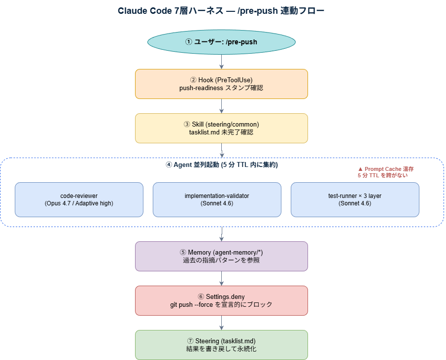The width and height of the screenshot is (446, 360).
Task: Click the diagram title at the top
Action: (221, 11)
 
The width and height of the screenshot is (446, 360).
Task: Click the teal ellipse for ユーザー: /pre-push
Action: (221, 42)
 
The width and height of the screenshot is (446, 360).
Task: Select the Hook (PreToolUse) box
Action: (221, 84)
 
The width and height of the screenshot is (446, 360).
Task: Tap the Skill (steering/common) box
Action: (221, 128)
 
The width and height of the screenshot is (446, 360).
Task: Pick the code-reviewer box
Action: (79, 199)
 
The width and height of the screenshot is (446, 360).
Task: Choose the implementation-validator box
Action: (217, 199)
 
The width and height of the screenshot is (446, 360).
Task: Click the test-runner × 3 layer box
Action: (355, 199)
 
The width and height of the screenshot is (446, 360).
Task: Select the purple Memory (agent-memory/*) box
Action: (221, 256)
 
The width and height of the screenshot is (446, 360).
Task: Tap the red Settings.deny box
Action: (221, 300)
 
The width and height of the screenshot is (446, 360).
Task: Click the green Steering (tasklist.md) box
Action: (221, 345)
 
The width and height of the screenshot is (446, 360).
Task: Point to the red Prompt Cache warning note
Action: (382, 171)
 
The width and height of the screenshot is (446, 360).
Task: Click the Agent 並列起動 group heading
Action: (221, 165)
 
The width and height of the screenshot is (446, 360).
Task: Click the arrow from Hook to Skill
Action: (222, 105)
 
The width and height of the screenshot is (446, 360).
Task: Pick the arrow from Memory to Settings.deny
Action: (222, 278)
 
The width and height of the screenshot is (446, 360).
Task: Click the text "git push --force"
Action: (193, 305)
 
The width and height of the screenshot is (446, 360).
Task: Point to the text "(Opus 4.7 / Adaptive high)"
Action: (79, 203)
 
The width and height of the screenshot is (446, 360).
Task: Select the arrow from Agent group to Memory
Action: (222, 233)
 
